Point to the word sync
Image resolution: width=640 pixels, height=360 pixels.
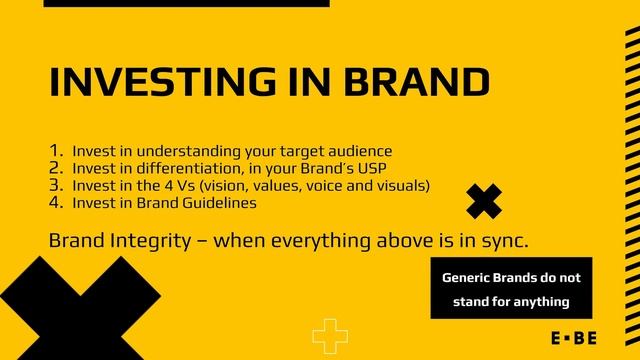501,241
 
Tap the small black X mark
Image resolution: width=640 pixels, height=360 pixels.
484,201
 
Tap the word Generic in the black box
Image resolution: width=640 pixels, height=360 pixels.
467,275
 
